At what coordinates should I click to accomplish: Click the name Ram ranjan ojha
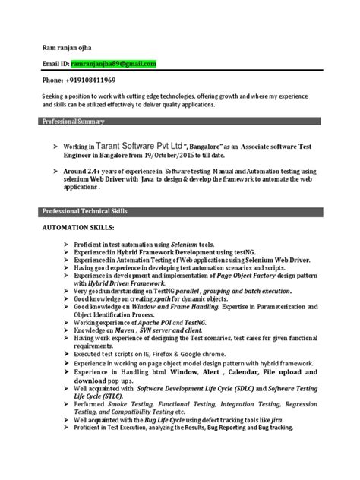point(71,46)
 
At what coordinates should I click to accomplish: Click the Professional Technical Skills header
point(84,210)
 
